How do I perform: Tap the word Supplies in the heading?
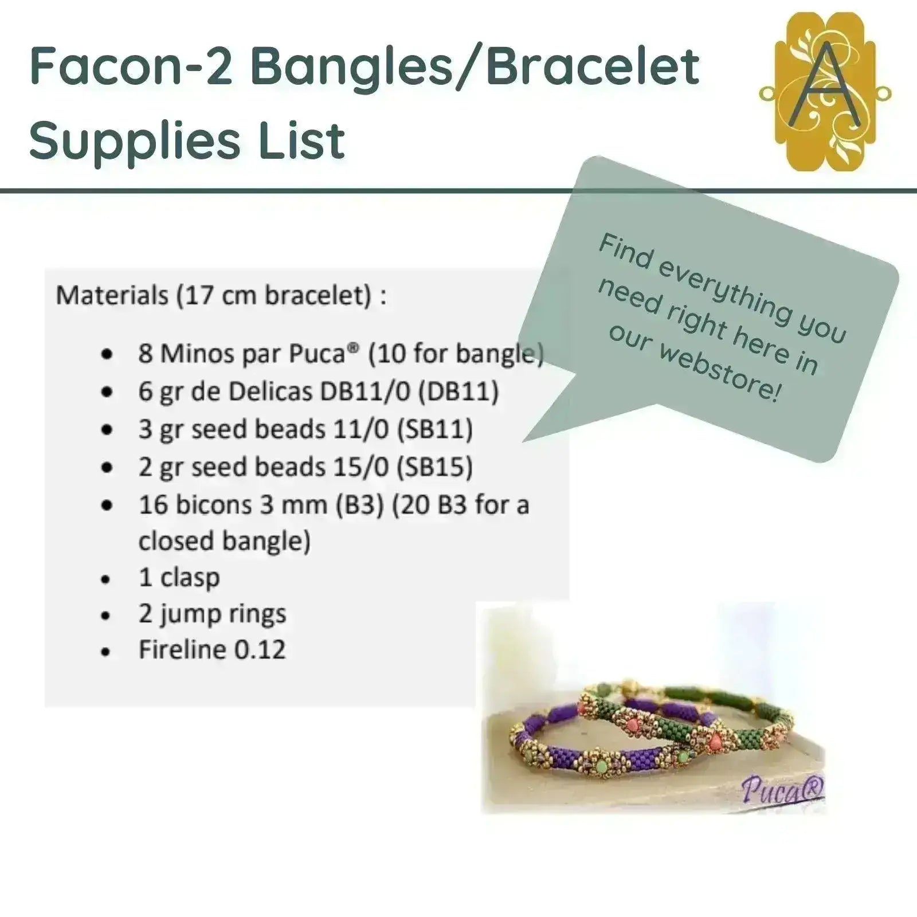tap(135, 141)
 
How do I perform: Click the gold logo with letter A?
tap(825, 92)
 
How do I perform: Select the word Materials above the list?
tap(112, 296)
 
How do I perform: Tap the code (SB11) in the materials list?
tap(436, 429)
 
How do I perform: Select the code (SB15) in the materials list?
tap(436, 467)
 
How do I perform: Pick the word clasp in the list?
tap(190, 578)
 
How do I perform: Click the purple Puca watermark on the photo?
tap(783, 790)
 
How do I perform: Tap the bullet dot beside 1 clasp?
tap(105, 579)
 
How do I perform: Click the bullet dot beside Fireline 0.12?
tap(105, 652)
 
